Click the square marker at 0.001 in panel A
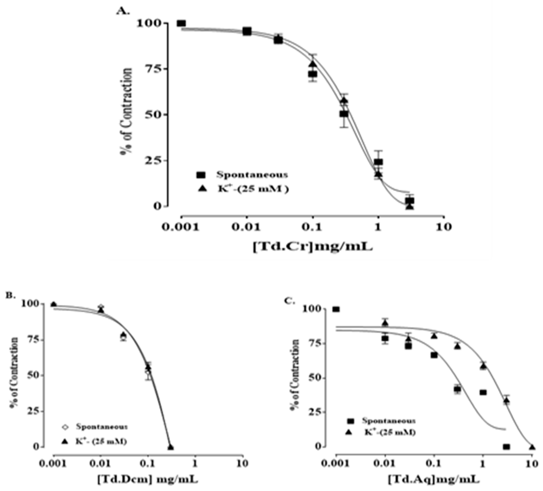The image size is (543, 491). click(182, 23)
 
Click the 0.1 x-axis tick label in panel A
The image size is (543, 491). click(313, 227)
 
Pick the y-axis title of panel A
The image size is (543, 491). click(127, 110)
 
